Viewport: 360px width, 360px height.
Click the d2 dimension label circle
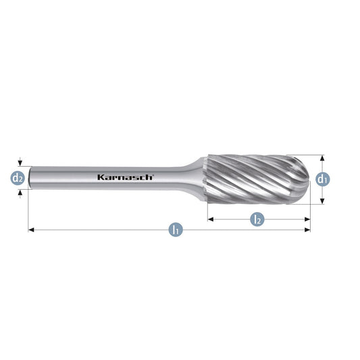click(18, 178)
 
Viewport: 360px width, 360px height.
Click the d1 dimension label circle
click(323, 179)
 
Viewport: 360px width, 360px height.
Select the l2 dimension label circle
click(257, 220)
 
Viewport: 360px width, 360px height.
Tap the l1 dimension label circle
click(176, 230)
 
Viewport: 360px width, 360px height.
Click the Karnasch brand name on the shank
click(126, 177)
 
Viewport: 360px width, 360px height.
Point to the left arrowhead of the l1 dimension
click(31, 230)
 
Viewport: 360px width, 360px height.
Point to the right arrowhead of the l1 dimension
click(307, 230)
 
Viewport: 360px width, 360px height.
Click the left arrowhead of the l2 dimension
click(211, 220)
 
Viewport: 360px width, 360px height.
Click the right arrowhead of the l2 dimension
click(307, 220)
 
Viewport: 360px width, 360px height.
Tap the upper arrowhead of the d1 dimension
click(322, 158)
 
